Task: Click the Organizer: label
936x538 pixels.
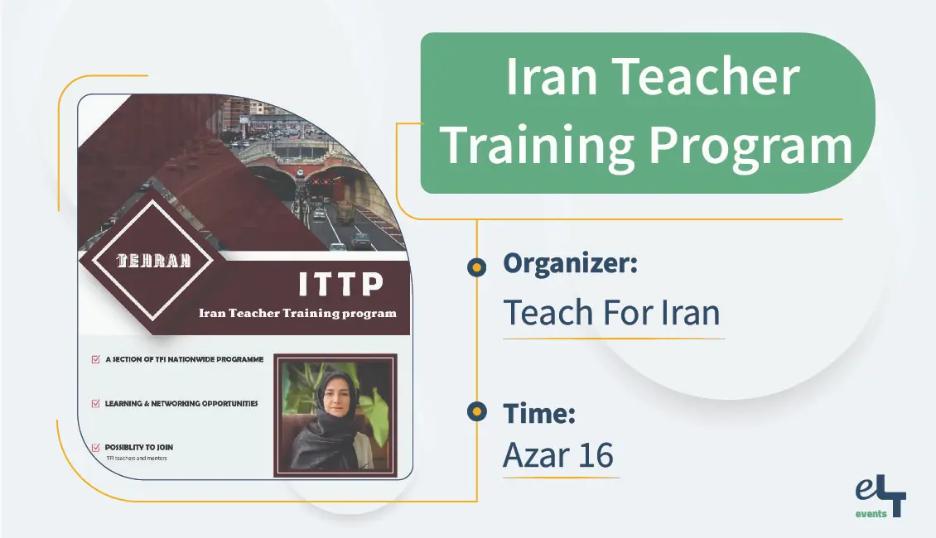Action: tap(570, 265)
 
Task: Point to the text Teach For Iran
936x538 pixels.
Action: tap(612, 313)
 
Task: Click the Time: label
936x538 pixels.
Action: tap(539, 413)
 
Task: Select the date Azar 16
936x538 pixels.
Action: tap(559, 455)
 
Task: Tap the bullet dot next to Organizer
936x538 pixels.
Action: tap(476, 267)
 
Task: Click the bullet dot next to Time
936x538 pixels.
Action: tap(476, 412)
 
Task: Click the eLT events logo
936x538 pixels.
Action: tap(881, 498)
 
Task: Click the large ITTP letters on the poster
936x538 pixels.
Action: tap(340, 285)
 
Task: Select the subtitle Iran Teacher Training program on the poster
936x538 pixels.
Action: tap(297, 313)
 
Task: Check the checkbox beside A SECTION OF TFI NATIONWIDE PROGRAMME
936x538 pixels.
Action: tap(96, 360)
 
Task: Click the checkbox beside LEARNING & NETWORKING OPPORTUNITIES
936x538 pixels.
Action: tap(96, 404)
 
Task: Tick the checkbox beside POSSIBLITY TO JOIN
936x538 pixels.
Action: tap(96, 447)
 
